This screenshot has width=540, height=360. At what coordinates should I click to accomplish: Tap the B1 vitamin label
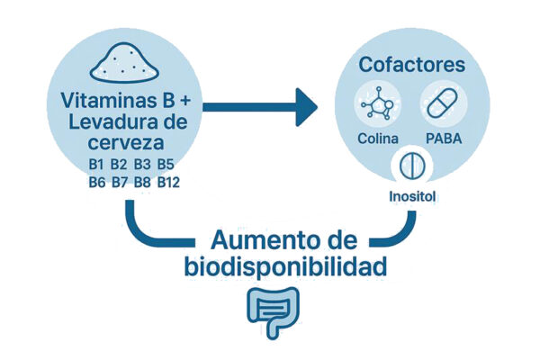pyautogui.click(x=96, y=165)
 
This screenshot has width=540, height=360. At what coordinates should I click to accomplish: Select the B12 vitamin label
pyautogui.click(x=168, y=182)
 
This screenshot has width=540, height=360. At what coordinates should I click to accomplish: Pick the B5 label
pyautogui.click(x=166, y=165)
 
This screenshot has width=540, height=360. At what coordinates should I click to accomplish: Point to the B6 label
pyautogui.click(x=97, y=182)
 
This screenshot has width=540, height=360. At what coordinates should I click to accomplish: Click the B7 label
pyautogui.click(x=120, y=182)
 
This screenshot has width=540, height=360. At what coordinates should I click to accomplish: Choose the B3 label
pyautogui.click(x=142, y=165)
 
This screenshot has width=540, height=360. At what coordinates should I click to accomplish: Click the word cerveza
pyautogui.click(x=126, y=143)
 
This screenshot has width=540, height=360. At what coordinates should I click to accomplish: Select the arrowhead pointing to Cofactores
pyautogui.click(x=306, y=107)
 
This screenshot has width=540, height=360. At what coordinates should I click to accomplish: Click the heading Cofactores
pyautogui.click(x=412, y=65)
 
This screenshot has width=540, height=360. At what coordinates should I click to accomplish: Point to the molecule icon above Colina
pyautogui.click(x=377, y=103)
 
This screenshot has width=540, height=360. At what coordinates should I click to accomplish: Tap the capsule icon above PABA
pyautogui.click(x=443, y=103)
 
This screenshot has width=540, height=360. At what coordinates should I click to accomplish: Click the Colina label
pyautogui.click(x=378, y=139)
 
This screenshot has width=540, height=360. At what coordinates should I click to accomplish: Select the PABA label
pyautogui.click(x=444, y=139)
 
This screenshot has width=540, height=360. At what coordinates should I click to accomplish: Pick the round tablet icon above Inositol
pyautogui.click(x=412, y=166)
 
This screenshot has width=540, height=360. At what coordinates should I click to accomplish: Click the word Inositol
pyautogui.click(x=412, y=197)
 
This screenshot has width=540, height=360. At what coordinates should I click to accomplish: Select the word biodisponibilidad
pyautogui.click(x=285, y=266)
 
